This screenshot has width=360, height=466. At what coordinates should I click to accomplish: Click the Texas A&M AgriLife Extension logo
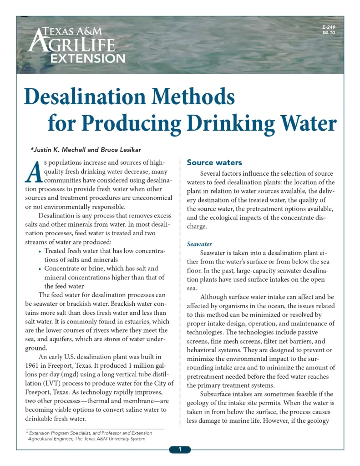[76, 45]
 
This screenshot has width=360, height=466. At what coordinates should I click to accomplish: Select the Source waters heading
[214, 162]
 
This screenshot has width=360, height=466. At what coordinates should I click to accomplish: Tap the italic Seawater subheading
[199, 244]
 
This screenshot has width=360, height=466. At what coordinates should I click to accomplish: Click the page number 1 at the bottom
[180, 450]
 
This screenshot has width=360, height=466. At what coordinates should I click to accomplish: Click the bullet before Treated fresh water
[40, 252]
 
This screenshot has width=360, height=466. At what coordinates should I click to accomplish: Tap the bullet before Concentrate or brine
[40, 269]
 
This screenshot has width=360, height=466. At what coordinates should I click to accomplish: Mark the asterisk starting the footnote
[27, 433]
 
